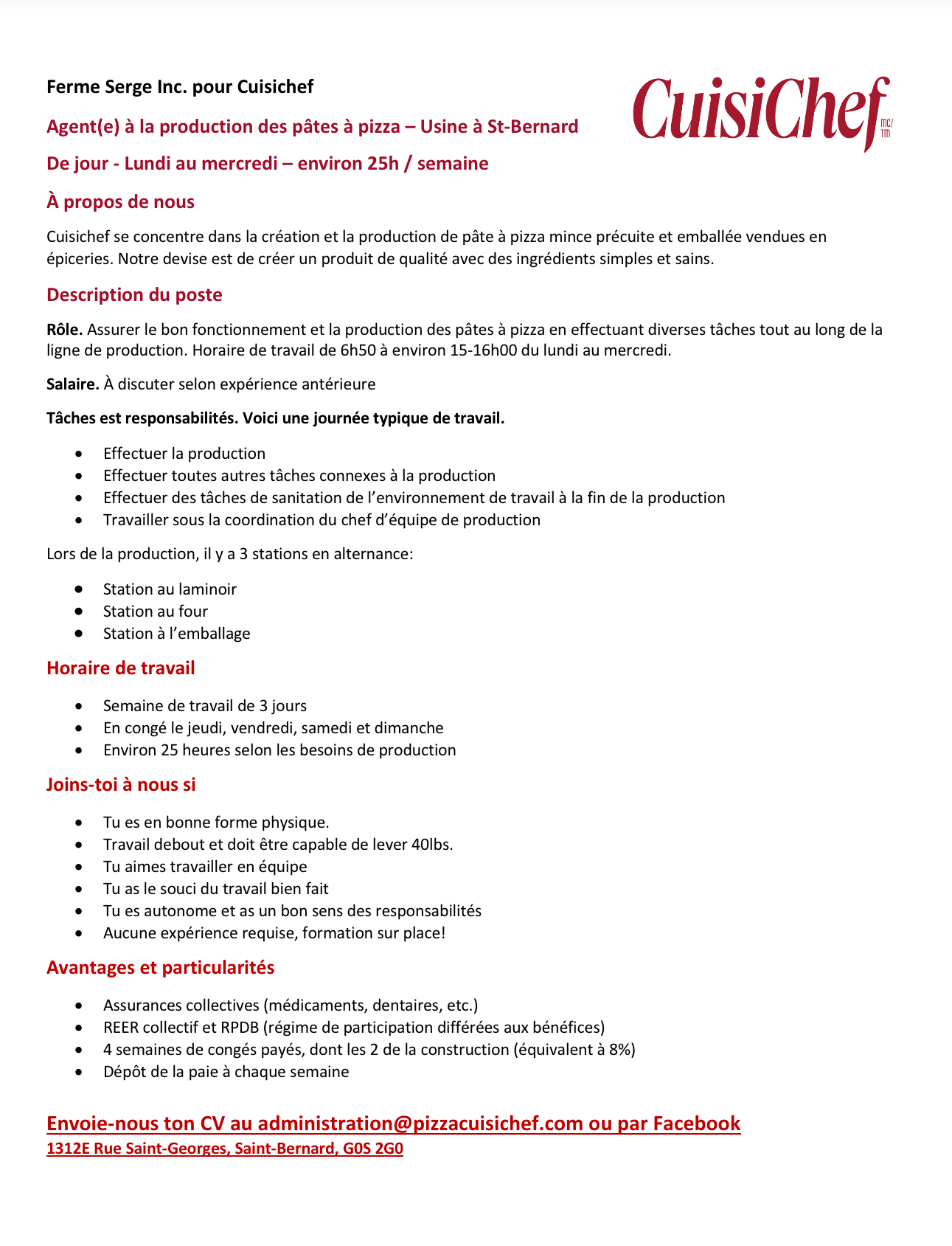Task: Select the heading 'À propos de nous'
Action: point(120,201)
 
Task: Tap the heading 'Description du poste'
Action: point(134,294)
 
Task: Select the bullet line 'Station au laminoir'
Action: point(170,589)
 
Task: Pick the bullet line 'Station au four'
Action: point(156,611)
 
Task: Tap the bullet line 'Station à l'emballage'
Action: point(176,633)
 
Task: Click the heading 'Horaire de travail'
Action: point(120,668)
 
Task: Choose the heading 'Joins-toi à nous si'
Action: point(121,784)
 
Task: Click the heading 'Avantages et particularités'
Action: point(160,967)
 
